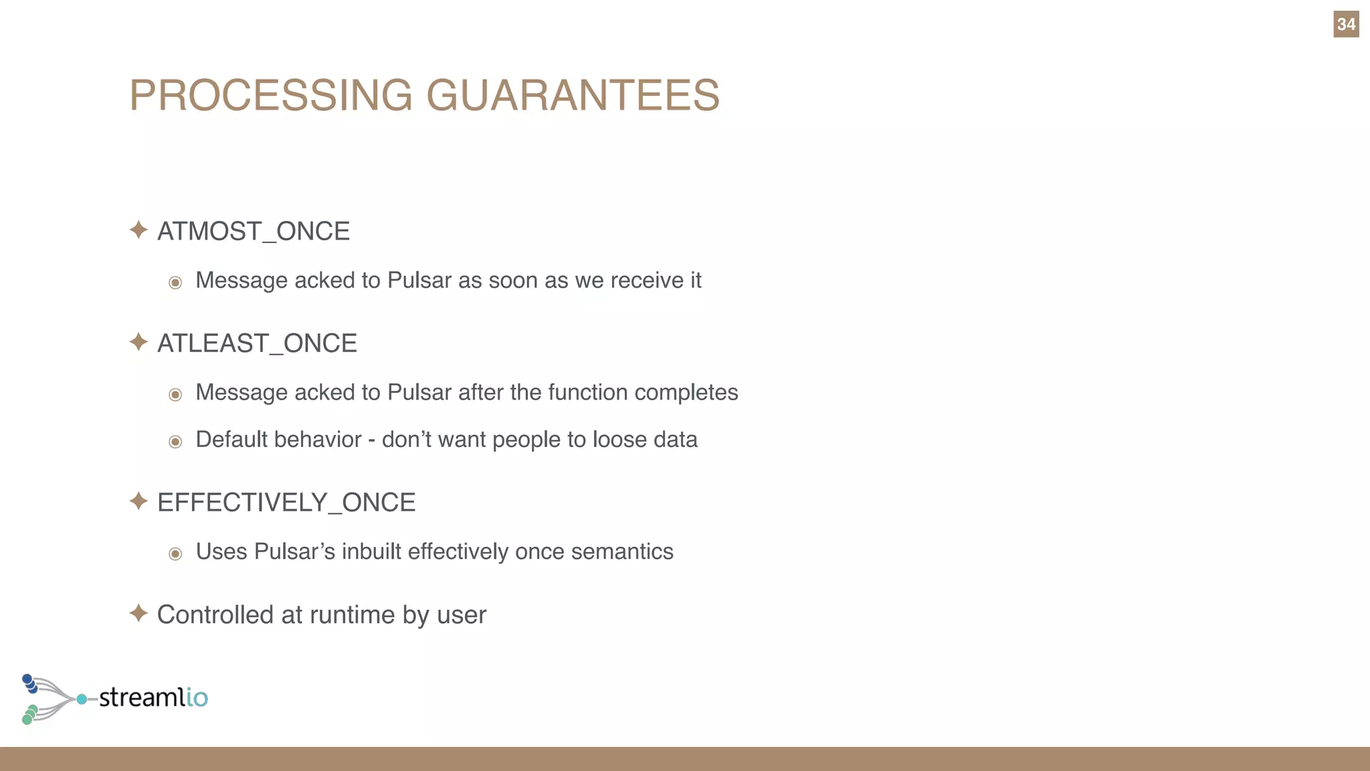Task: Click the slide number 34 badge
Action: point(1345,25)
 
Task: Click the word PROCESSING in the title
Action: point(271,95)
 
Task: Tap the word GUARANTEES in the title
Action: point(573,95)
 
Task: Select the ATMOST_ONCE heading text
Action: point(254,232)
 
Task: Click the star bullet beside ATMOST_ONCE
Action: point(138,230)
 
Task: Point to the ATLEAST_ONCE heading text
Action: point(257,343)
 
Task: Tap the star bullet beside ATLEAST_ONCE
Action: point(138,342)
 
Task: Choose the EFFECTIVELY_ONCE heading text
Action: point(286,503)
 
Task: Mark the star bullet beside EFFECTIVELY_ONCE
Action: point(138,501)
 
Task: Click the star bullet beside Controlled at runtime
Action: point(138,613)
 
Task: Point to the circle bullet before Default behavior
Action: point(175,442)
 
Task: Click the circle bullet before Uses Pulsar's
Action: point(175,553)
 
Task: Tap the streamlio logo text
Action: point(153,697)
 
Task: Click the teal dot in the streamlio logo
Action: point(82,699)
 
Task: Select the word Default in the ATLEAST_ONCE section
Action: point(231,440)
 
